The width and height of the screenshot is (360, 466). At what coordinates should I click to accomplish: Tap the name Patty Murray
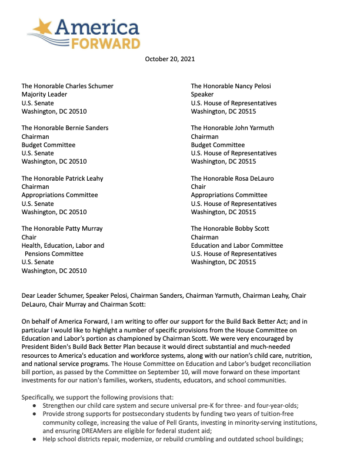pyautogui.click(x=84, y=228)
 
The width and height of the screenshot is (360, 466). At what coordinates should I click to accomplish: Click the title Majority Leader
pyautogui.click(x=44, y=94)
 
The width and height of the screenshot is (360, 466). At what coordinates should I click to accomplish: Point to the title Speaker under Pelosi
pyautogui.click(x=204, y=94)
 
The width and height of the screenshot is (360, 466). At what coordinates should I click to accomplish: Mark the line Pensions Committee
pyautogui.click(x=54, y=254)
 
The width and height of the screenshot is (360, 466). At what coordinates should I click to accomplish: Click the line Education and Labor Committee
pyautogui.click(x=236, y=245)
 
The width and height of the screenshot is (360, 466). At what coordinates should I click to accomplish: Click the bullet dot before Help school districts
pyautogui.click(x=35, y=423)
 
